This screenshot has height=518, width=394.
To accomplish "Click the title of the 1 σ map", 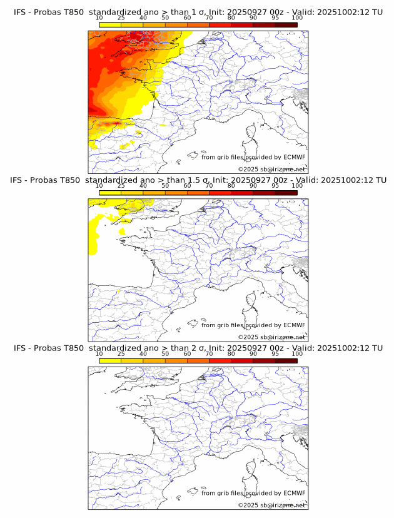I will pyautogui.click(x=198, y=12).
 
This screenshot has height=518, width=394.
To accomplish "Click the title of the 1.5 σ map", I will pyautogui.click(x=198, y=180).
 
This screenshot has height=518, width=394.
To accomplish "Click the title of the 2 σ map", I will pyautogui.click(x=198, y=348).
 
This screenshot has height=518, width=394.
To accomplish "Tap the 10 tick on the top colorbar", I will pyautogui.click(x=99, y=18).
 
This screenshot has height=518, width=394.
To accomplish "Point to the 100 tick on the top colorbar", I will pyautogui.click(x=297, y=18).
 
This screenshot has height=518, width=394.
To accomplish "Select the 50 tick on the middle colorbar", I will pyautogui.click(x=165, y=186).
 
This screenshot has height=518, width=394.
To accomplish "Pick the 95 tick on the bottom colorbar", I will pyautogui.click(x=275, y=354).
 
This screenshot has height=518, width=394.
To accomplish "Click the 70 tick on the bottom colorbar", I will pyautogui.click(x=209, y=354).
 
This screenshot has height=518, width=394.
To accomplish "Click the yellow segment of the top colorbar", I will pyautogui.click(x=110, y=24).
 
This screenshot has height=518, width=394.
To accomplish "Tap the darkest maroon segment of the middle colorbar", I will pyautogui.click(x=286, y=193).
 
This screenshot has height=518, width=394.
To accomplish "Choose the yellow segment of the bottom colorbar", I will pyautogui.click(x=110, y=361).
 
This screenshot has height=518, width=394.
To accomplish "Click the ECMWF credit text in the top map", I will pyautogui.click(x=253, y=157).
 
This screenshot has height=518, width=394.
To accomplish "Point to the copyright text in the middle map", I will pyautogui.click(x=271, y=337).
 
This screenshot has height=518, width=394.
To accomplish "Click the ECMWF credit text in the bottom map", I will pyautogui.click(x=253, y=493).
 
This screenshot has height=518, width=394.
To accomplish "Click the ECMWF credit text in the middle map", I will pyautogui.click(x=253, y=325).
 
